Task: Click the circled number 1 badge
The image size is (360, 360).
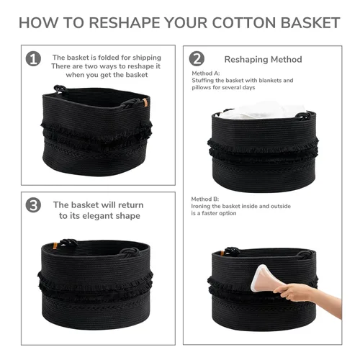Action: click(33, 59)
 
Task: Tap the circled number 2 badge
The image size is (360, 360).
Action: click(197, 59)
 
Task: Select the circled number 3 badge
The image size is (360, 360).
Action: click(33, 205)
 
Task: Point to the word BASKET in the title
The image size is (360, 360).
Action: click(310, 23)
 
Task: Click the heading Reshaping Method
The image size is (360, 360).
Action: click(263, 59)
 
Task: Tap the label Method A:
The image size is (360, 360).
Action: click(206, 73)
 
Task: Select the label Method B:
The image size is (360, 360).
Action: click(205, 199)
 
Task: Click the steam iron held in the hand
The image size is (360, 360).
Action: click(261, 279)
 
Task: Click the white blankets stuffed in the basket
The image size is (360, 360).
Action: click(261, 111)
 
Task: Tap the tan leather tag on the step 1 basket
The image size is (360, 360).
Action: click(145, 102)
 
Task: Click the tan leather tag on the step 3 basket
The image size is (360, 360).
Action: click(55, 246)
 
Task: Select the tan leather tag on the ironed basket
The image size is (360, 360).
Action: click(222, 253)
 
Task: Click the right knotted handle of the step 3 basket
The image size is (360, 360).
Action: click(130, 252)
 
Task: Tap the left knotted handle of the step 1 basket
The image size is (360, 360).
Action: click(60, 89)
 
